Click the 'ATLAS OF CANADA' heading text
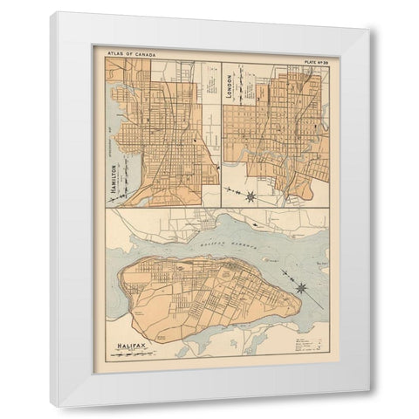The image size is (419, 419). pyautogui.click(x=130, y=52)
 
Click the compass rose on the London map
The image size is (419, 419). pyautogui.click(x=251, y=196)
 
